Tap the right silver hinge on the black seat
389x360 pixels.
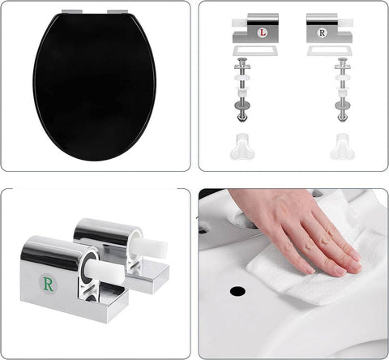click(x=118, y=14)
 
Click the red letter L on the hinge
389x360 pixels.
click(x=262, y=33)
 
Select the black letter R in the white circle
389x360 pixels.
click(x=323, y=33)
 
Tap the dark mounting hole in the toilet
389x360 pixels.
click(x=237, y=289)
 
